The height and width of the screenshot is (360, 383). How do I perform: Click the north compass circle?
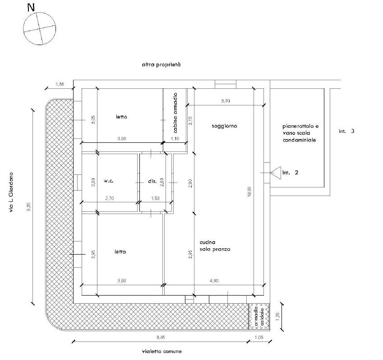click(x=39, y=13)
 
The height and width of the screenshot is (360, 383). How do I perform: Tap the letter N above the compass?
click(x=31, y=8)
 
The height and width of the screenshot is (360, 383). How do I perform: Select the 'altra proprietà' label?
click(x=161, y=65)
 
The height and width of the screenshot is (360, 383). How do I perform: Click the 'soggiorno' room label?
click(x=225, y=126)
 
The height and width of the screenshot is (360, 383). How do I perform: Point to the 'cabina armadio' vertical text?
click(x=175, y=113)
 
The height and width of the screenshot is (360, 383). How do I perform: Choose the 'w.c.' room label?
click(x=108, y=181)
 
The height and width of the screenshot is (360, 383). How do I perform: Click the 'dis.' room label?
click(x=152, y=181)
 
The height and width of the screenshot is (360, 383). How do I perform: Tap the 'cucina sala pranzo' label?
click(x=215, y=246)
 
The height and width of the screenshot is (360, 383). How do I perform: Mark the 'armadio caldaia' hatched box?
click(x=259, y=317)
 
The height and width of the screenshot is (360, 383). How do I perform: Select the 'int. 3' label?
click(x=346, y=131)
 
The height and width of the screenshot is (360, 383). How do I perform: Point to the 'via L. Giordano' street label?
click(x=11, y=192)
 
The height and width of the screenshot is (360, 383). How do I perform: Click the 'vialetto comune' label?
click(x=162, y=351)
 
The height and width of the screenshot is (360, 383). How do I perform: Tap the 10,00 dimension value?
click(x=249, y=192)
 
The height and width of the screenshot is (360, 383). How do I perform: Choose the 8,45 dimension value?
click(x=161, y=337)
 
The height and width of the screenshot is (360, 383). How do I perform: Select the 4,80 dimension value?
click(x=214, y=281)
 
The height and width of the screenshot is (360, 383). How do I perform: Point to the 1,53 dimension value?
click(x=155, y=198)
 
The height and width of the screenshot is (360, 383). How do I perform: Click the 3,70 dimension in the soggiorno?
click(x=226, y=101)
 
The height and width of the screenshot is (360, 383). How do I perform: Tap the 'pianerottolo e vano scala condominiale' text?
click(x=300, y=133)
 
